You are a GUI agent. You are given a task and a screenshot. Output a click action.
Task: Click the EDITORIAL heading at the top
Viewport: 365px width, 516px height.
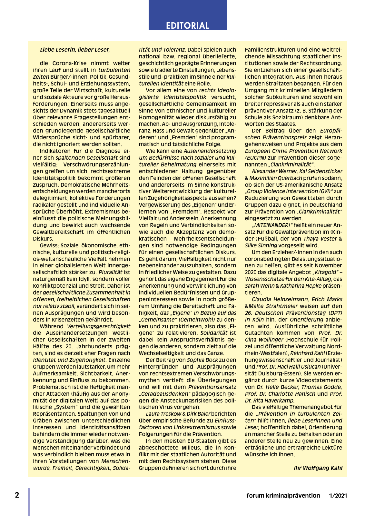point(187,25)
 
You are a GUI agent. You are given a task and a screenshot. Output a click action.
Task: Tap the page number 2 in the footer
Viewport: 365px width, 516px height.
point(17,495)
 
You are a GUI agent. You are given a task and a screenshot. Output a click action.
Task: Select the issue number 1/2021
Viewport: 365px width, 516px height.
point(338,496)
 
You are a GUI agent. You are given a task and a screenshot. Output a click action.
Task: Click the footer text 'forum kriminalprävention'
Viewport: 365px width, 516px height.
point(283,496)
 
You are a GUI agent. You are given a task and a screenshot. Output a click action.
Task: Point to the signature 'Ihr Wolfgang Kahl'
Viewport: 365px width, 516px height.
point(318,468)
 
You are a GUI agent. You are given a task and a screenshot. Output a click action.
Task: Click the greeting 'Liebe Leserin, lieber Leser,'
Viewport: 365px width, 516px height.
point(75,50)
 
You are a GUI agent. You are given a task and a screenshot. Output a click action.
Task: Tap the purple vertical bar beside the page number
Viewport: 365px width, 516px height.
point(29,502)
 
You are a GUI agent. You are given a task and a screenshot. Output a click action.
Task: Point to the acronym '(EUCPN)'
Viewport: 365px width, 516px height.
point(256,158)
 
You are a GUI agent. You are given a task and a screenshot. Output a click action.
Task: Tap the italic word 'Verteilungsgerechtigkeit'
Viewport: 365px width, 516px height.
point(99,326)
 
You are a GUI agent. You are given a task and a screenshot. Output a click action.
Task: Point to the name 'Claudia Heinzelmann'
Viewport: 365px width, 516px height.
point(278,299)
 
